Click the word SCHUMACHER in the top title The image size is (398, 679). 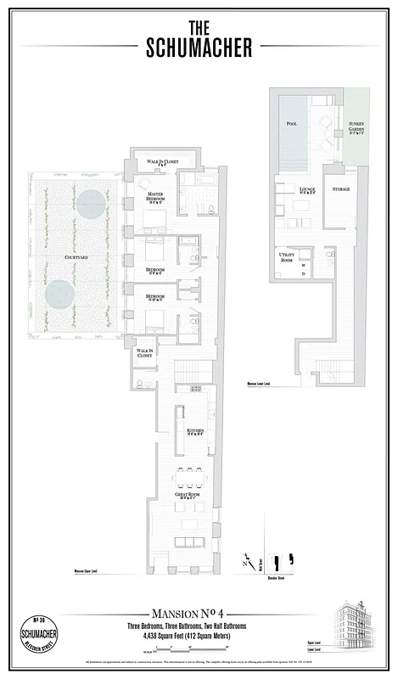pyautogui.click(x=199, y=48)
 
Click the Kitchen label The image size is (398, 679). pyautogui.click(x=195, y=431)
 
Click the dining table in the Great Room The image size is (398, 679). pyautogui.click(x=187, y=472)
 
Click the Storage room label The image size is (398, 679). pyautogui.click(x=340, y=189)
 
